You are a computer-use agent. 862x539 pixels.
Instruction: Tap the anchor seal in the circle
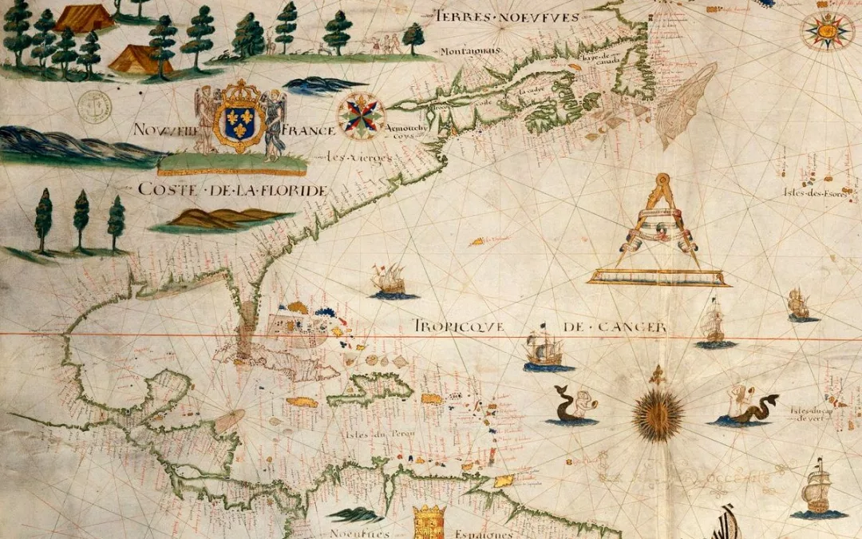[95, 106]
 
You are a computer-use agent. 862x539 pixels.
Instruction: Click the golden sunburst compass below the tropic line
[658, 414]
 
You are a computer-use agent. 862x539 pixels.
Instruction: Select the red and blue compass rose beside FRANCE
[361, 116]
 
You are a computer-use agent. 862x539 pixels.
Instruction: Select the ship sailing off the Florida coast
[391, 281]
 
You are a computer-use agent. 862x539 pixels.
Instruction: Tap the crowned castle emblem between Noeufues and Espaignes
[429, 522]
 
